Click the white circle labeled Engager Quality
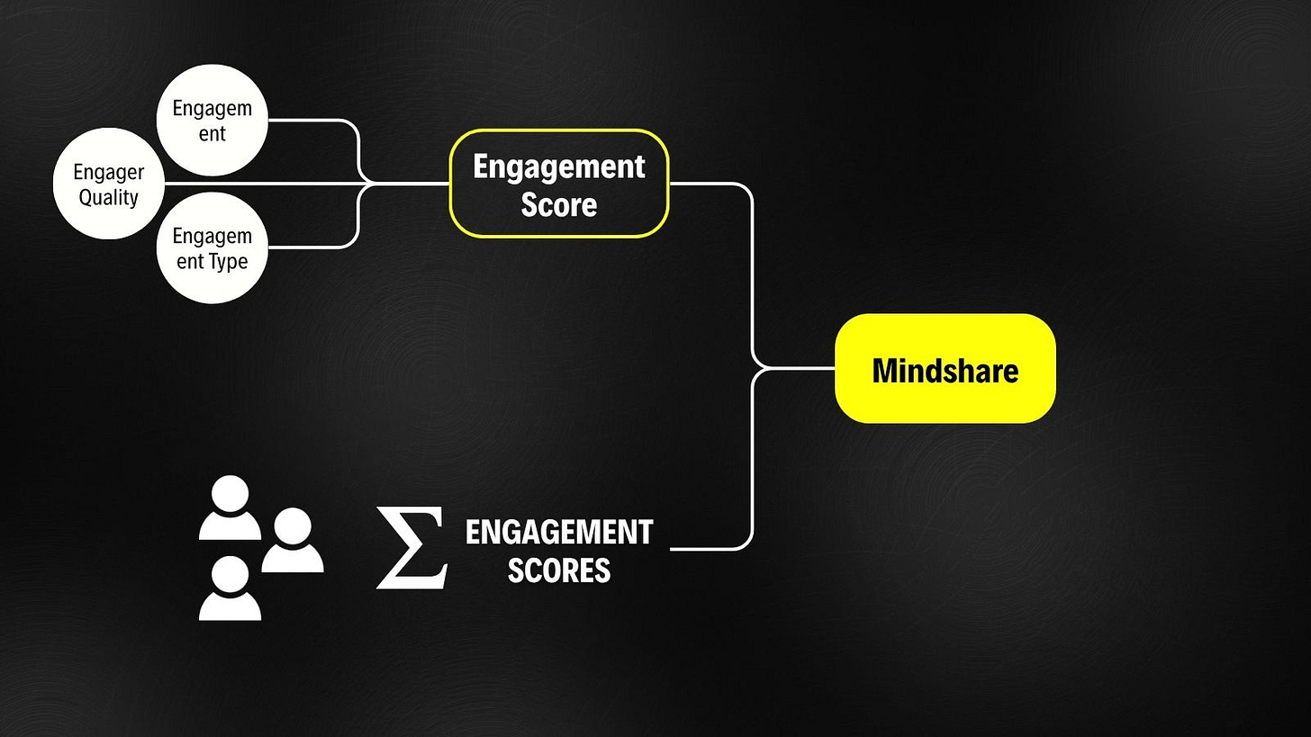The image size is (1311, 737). (108, 184)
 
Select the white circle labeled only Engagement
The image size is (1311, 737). (212, 121)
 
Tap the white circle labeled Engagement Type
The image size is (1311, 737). (212, 247)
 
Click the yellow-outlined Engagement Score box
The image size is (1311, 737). (558, 184)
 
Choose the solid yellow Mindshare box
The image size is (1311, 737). (945, 369)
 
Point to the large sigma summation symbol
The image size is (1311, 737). (411, 547)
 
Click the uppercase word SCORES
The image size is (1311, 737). (559, 571)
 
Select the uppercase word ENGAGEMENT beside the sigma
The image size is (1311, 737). (559, 532)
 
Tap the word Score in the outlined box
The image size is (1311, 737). (559, 204)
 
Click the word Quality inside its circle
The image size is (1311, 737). (108, 197)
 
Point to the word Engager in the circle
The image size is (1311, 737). (108, 172)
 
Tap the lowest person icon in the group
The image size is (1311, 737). (230, 589)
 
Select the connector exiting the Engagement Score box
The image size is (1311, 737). (711, 184)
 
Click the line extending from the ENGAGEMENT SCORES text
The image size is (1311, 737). (711, 548)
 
